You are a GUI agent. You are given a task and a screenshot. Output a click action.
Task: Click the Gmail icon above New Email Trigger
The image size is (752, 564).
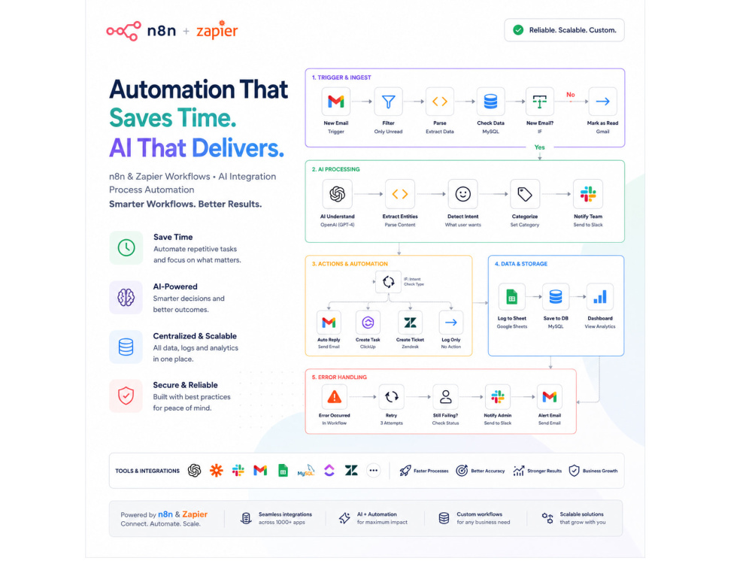[x=335, y=102]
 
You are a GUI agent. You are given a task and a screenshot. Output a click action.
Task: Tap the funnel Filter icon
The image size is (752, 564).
[x=389, y=102]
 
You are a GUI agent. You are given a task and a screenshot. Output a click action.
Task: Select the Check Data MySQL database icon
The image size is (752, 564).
[x=490, y=102]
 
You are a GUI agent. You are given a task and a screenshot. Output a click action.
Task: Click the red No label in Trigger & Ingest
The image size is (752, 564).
[x=570, y=95]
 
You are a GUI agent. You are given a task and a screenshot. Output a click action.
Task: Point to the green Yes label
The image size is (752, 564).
[x=539, y=147]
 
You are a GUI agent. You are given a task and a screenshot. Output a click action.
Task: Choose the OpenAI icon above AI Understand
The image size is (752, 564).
[x=337, y=194]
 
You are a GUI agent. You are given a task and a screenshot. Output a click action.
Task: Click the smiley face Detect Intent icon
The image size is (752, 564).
[x=462, y=194]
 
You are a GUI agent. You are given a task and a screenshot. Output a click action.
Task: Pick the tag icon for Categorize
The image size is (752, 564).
[x=525, y=194]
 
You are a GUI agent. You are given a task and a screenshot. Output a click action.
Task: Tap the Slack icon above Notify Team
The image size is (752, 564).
[x=588, y=194]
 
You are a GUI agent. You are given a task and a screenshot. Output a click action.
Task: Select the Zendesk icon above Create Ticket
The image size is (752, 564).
[x=410, y=323]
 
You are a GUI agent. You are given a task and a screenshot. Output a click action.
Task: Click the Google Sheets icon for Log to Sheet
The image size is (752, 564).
[x=511, y=297]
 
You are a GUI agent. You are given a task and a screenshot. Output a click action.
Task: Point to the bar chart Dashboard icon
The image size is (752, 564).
[x=600, y=297]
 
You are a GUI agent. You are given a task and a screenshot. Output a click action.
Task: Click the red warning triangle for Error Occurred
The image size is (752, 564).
[x=335, y=397]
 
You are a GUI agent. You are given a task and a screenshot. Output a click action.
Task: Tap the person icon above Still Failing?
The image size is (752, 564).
[x=445, y=397]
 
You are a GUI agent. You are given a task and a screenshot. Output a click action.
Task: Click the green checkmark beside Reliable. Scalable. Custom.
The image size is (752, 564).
[x=518, y=30]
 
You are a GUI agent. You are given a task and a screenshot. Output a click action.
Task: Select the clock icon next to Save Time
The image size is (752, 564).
[x=126, y=248]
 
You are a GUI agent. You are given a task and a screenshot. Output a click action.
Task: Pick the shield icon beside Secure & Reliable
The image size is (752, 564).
[x=126, y=396]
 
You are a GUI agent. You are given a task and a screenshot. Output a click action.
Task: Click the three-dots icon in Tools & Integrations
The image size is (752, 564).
[x=374, y=471]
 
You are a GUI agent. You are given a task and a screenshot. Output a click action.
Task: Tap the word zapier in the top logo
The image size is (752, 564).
[x=217, y=30]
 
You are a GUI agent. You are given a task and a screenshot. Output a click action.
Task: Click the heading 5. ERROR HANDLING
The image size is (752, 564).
[x=339, y=378]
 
